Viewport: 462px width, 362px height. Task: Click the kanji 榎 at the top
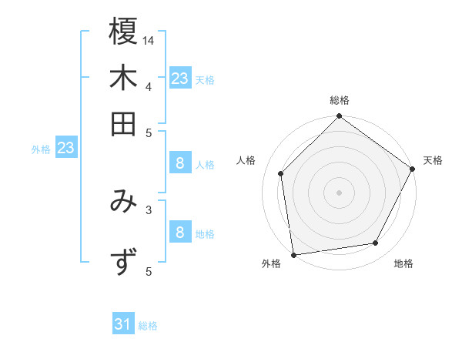pos(123,32)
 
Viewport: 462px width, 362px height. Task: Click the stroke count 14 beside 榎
pos(149,40)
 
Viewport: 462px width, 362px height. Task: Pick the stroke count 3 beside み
pos(149,208)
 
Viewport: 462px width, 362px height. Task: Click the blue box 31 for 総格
pos(123,325)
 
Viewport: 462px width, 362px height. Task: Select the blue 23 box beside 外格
pos(65,148)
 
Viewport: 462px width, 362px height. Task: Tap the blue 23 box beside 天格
pos(179,79)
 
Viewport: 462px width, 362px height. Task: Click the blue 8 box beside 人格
pos(179,163)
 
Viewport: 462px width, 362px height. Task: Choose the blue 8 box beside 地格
pos(179,233)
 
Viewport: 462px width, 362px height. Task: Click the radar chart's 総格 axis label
pos(339,100)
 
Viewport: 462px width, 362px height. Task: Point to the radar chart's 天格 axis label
pos(433,160)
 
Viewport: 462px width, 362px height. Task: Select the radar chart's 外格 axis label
pos(271,263)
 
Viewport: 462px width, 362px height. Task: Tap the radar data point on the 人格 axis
pos(281,173)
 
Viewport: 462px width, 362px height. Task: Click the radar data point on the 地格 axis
pos(376,243)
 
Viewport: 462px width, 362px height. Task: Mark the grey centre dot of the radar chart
pos(339,192)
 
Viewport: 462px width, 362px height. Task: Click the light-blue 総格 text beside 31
pos(148,326)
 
